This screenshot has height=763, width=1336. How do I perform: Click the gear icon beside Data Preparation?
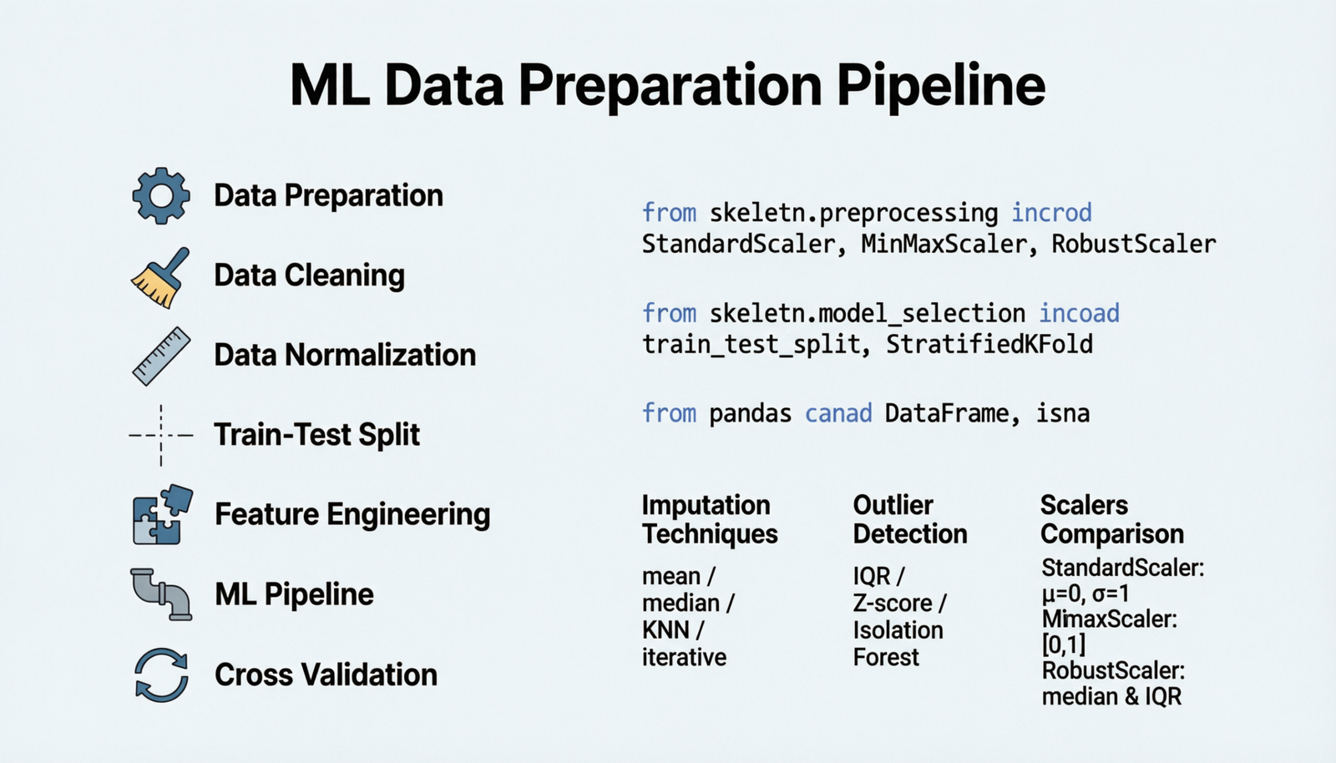coord(161,195)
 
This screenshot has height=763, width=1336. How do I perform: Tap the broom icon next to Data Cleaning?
coord(160,278)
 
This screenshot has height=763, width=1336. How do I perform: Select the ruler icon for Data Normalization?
coord(161,356)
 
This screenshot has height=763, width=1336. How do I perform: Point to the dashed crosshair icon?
coord(161,435)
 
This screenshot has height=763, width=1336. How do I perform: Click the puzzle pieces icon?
coord(162,514)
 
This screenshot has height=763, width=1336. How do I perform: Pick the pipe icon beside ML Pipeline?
coord(161,594)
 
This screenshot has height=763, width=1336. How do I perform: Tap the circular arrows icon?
coord(161,675)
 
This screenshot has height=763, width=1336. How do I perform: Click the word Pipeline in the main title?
coord(940,85)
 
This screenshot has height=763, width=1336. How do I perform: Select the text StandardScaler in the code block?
coord(738,245)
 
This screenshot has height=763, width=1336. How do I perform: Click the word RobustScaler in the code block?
coord(1133,245)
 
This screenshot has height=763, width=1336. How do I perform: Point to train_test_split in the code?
coord(751,345)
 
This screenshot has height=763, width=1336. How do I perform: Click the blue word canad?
coord(838,413)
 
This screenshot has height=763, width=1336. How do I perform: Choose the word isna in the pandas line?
coord(1062,413)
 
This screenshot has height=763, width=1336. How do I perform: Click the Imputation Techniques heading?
coord(709,519)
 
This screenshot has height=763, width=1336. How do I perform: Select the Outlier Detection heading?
coord(909,519)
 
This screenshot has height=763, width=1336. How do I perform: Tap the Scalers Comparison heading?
coord(1111,519)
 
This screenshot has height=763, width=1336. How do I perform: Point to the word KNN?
coord(666,630)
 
